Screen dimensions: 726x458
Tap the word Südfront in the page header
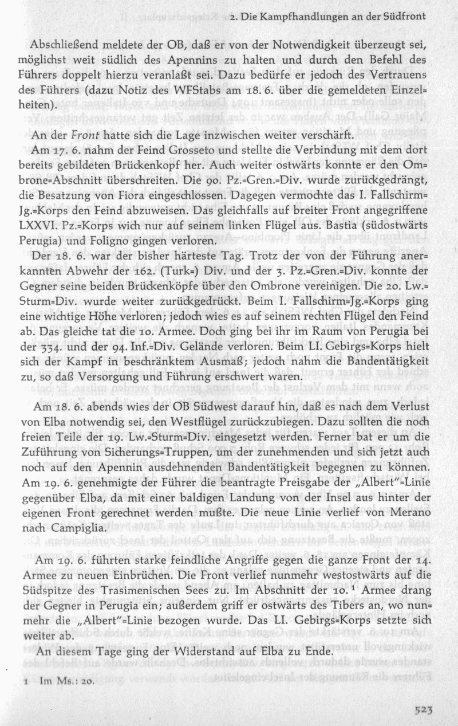click(404, 18)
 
